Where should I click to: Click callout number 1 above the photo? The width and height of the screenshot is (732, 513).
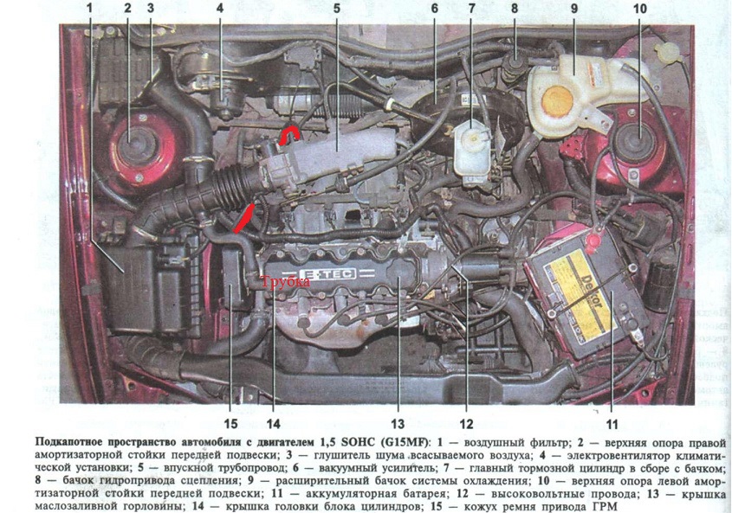89,8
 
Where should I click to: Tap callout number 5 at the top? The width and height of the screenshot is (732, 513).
337,8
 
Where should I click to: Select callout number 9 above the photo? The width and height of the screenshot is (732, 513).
573,8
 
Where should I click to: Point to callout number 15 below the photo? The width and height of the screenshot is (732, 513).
230,424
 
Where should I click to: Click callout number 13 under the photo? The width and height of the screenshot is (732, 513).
398,424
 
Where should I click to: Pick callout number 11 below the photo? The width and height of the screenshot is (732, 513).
612,424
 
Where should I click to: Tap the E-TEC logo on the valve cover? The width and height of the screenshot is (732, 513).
327,273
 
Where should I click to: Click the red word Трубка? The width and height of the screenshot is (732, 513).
285,282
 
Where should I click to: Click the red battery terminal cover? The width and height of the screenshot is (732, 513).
593,240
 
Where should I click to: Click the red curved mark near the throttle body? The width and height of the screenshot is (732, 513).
288,135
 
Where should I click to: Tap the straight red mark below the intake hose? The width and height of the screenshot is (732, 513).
243,218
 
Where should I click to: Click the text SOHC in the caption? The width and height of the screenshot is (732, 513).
361,442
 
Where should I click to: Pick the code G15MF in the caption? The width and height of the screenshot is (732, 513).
410,443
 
